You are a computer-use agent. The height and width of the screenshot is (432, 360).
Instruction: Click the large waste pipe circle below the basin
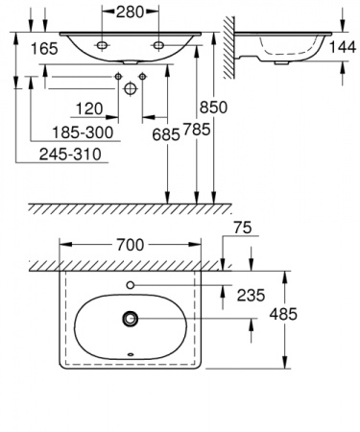click(130, 87)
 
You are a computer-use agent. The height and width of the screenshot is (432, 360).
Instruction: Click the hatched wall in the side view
click(227, 48)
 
